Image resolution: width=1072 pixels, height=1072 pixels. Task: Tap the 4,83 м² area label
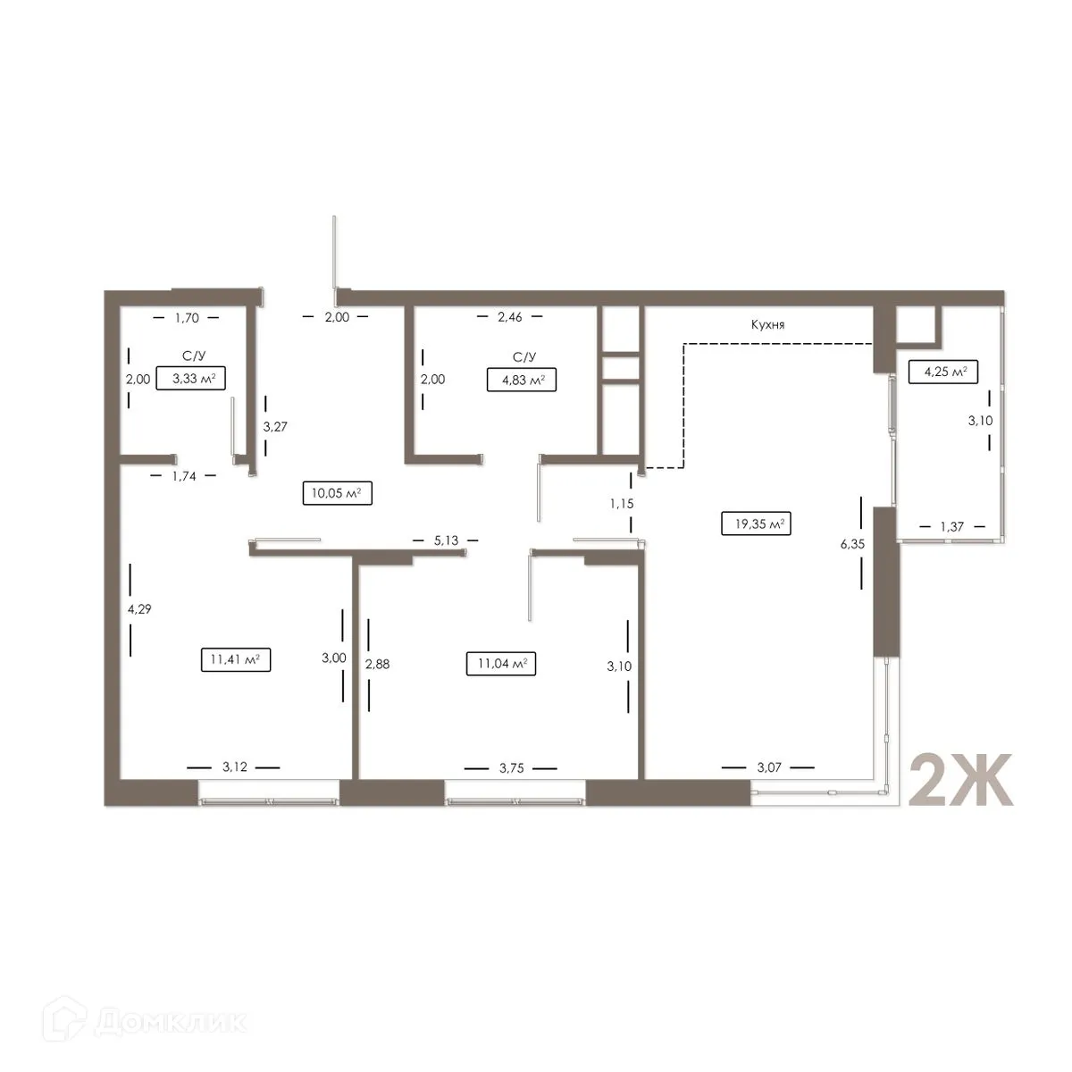pyautogui.click(x=521, y=381)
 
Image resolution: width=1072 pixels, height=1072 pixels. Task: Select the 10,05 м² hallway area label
pyautogui.click(x=337, y=494)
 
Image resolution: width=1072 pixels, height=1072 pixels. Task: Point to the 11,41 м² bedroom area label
pyautogui.click(x=236, y=660)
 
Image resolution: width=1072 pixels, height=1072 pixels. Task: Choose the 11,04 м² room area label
pyautogui.click(x=500, y=664)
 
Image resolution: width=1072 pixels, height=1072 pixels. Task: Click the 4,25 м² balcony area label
pyautogui.click(x=942, y=371)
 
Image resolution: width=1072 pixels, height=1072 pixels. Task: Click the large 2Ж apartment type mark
pyautogui.click(x=960, y=780)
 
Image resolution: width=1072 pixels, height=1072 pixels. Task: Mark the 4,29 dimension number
pyautogui.click(x=139, y=609)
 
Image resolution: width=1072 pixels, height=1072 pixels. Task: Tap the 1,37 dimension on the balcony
pyautogui.click(x=951, y=527)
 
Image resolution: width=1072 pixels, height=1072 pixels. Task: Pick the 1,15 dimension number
pyautogui.click(x=622, y=504)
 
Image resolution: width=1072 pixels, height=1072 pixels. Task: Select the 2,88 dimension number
pyautogui.click(x=378, y=664)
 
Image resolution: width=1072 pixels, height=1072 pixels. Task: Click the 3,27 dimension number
pyautogui.click(x=274, y=426)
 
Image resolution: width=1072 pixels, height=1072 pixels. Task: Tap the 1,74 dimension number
pyautogui.click(x=185, y=476)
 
